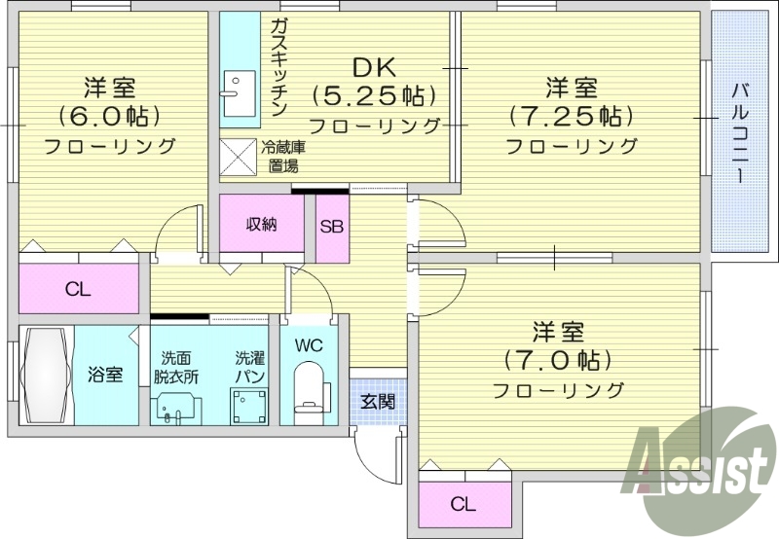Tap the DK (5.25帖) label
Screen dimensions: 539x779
click(x=374, y=96)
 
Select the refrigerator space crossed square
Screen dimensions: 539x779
click(x=237, y=157)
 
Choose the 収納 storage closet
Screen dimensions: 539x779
click(x=261, y=225)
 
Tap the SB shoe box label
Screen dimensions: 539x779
click(x=332, y=226)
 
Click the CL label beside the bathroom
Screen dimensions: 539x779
click(x=79, y=289)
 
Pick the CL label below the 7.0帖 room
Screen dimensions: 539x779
click(x=464, y=505)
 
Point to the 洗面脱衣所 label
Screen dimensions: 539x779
click(x=175, y=368)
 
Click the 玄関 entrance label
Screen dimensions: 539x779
click(x=378, y=400)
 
